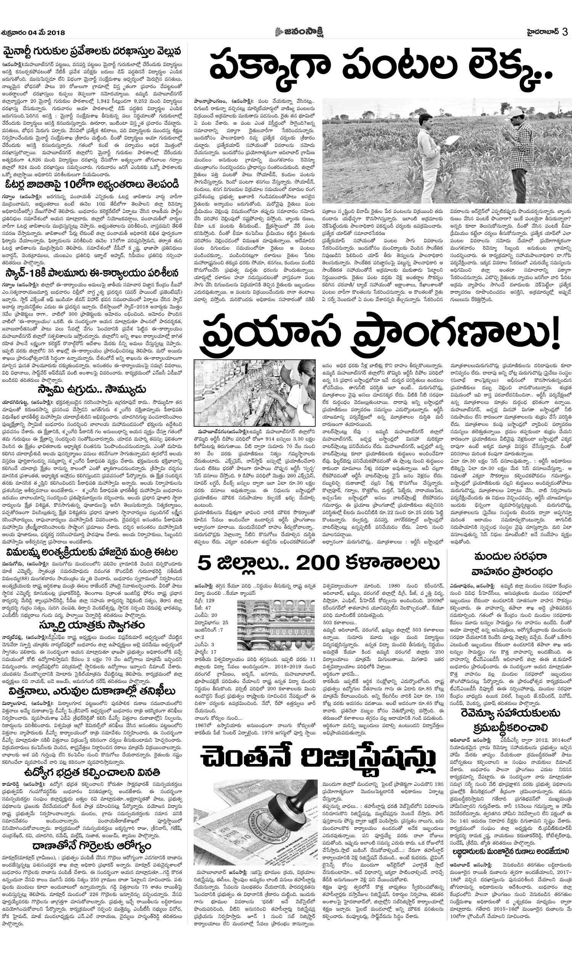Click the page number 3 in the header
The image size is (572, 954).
(x=564, y=32)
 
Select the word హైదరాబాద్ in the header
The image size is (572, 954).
(x=541, y=32)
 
